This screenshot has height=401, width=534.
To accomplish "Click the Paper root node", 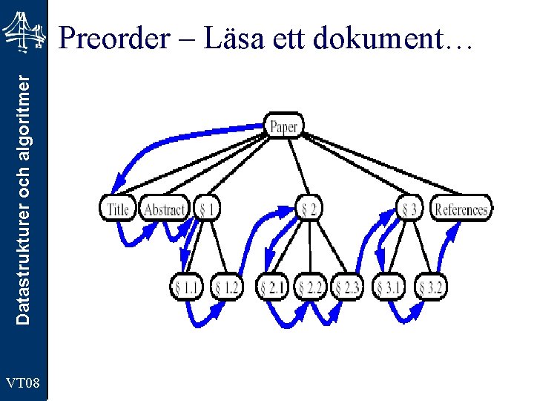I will click(x=283, y=127).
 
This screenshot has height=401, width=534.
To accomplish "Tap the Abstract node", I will click(x=165, y=209).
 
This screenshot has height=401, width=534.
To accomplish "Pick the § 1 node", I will click(x=207, y=209).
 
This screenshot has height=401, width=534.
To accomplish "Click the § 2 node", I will click(x=309, y=209).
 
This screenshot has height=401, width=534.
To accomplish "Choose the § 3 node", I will click(x=410, y=209).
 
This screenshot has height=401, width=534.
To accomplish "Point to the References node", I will click(x=461, y=209).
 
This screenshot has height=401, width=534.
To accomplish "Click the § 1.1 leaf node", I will click(x=187, y=287).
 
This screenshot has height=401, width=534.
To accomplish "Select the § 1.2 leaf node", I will click(x=226, y=287).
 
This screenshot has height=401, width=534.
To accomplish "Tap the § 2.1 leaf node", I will click(x=273, y=287).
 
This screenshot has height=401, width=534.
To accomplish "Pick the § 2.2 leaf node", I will click(x=311, y=287).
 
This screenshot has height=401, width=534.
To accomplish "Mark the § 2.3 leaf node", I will click(x=348, y=287).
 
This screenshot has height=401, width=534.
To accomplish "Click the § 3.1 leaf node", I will click(x=389, y=287).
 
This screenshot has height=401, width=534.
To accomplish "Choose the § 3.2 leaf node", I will click(x=431, y=287).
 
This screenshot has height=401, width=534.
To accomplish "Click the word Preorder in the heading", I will click(x=113, y=38).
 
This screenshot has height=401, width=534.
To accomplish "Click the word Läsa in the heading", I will click(x=224, y=38).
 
